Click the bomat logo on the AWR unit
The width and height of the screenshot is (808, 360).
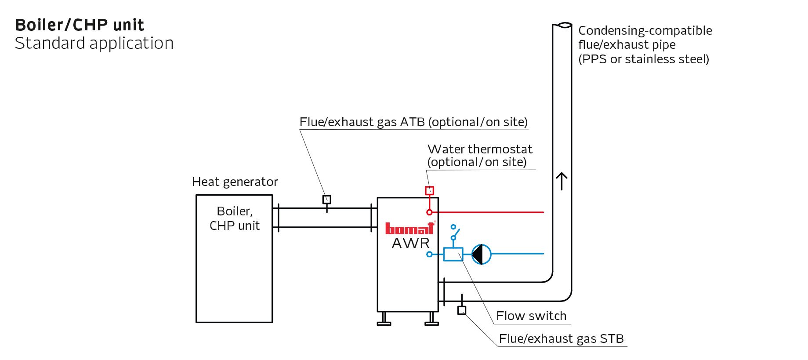[x=409, y=228]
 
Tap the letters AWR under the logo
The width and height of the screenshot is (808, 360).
[x=410, y=243]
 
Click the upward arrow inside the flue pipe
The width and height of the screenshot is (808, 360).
[x=562, y=181]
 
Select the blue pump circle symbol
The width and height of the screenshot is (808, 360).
[x=482, y=254]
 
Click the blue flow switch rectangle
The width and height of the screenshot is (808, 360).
[x=453, y=255]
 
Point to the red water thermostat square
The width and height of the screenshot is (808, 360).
[x=429, y=190]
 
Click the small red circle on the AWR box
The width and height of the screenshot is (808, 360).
[x=429, y=212]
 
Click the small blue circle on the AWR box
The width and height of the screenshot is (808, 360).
[x=429, y=254]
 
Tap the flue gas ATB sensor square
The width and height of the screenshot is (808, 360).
[x=326, y=200]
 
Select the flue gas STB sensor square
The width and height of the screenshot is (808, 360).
[x=461, y=310]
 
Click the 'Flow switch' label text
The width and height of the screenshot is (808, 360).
[x=531, y=316]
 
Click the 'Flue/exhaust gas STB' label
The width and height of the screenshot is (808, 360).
[x=561, y=338]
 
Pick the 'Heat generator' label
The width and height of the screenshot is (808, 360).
[x=235, y=182]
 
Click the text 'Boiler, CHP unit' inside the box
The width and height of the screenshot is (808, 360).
[x=235, y=218]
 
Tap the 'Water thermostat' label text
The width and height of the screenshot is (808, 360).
[x=479, y=149]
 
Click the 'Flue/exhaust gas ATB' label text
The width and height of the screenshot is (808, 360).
[x=413, y=122]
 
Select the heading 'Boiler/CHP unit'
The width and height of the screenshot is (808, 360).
[x=80, y=25]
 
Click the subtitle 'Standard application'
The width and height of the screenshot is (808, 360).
[x=94, y=44]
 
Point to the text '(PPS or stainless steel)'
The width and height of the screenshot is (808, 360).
[x=643, y=59]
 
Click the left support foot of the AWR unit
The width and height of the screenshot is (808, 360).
[x=384, y=319]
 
